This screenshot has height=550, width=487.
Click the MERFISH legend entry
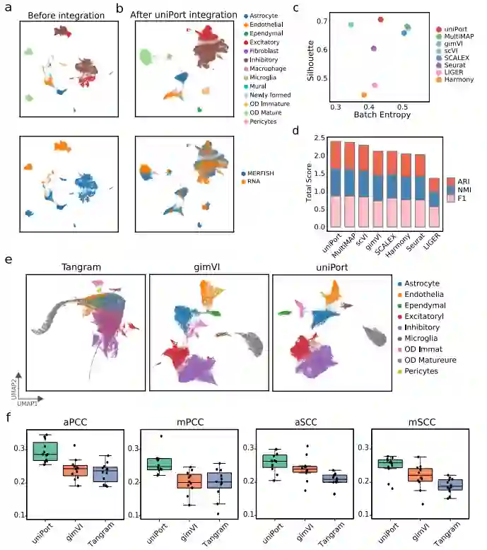click(261, 172)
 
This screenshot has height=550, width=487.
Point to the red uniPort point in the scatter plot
click(380, 20)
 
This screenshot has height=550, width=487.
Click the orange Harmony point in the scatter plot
click(364, 94)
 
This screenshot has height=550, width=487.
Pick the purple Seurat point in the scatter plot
click(373, 48)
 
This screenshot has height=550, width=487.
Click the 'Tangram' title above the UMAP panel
click(85, 267)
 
